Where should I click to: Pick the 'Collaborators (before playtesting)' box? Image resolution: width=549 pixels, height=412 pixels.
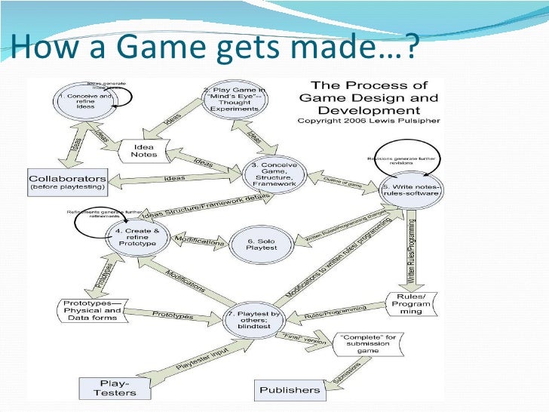point(66,182)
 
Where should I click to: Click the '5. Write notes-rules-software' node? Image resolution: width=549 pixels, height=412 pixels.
point(410,188)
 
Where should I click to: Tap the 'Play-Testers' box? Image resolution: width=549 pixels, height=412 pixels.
point(115,387)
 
